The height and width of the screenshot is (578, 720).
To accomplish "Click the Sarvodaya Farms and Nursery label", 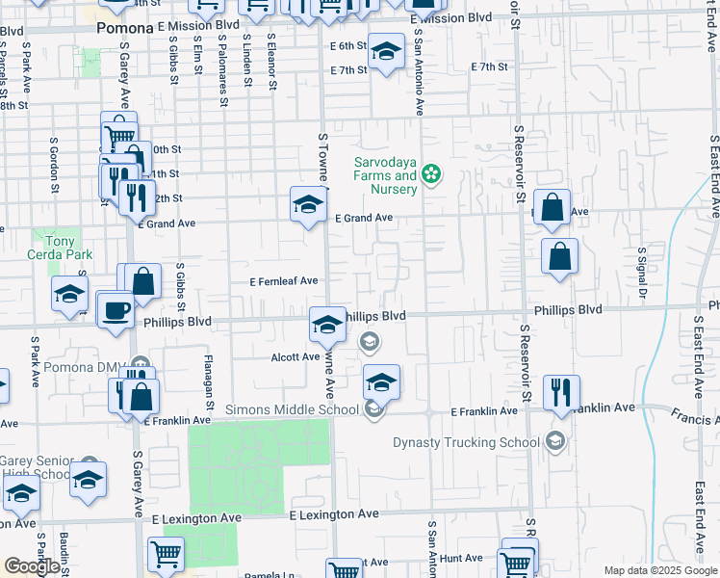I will pos(385,175).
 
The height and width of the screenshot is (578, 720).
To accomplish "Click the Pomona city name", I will pos(125,29).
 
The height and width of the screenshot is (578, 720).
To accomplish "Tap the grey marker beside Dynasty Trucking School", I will pos(554,441).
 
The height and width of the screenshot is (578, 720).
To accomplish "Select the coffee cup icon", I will pos(116,310).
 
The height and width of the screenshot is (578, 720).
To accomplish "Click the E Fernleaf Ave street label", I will pos(284,281).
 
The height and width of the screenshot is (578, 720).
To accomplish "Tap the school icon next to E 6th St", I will pos(387,52).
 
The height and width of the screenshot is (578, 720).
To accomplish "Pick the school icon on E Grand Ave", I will pos(308,204).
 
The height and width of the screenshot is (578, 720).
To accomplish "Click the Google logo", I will pos(32,566).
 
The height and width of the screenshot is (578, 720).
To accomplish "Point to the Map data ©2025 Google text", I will pos(659,570).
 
